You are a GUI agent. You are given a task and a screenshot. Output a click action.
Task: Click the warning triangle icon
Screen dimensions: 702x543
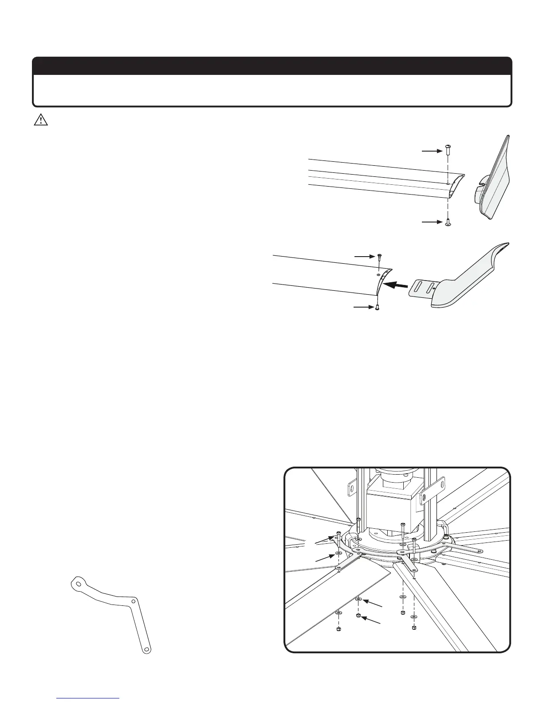[x=41, y=121]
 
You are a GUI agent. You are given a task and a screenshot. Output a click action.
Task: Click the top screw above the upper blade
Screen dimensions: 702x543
[x=448, y=151]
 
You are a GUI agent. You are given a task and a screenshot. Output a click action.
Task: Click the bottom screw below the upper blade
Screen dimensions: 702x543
[x=448, y=222]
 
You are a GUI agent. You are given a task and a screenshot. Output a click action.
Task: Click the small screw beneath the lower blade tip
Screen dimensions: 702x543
[x=377, y=307]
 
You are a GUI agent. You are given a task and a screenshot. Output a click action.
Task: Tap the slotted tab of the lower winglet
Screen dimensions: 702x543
[x=422, y=290]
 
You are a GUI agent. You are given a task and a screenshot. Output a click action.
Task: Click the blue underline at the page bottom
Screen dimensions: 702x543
[x=88, y=698]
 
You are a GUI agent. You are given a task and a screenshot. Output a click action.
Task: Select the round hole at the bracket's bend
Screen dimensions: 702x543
[x=134, y=601]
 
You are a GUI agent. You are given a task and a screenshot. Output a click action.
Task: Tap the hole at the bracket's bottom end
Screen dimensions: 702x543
[x=146, y=650]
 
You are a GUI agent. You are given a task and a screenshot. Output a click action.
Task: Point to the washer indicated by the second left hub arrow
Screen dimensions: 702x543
[x=338, y=554]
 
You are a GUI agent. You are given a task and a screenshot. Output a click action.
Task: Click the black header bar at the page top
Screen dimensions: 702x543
[x=271, y=66]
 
